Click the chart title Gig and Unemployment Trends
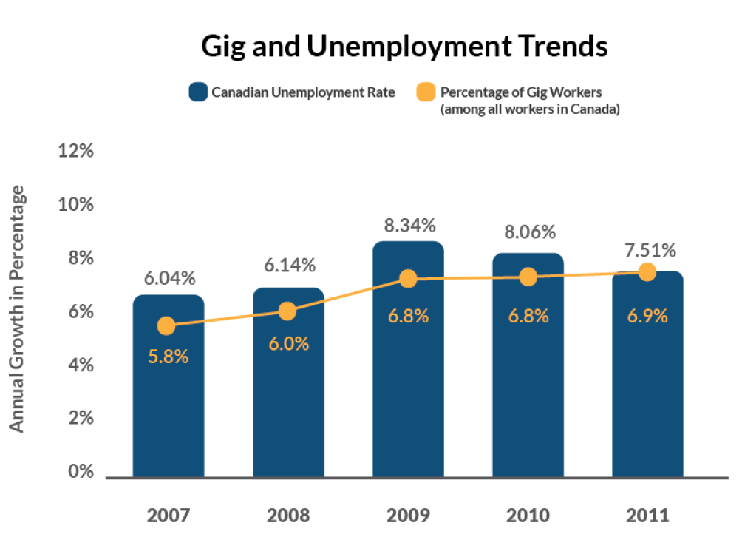[x=404, y=47]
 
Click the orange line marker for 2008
[x=287, y=311]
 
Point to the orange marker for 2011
[x=647, y=272]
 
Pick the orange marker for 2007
[x=167, y=326]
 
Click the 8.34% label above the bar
[x=408, y=226]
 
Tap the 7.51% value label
[x=647, y=250]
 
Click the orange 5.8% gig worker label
[x=168, y=356]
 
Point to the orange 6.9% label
[x=647, y=316]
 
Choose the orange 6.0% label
[x=287, y=344]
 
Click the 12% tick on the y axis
[x=76, y=151]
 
